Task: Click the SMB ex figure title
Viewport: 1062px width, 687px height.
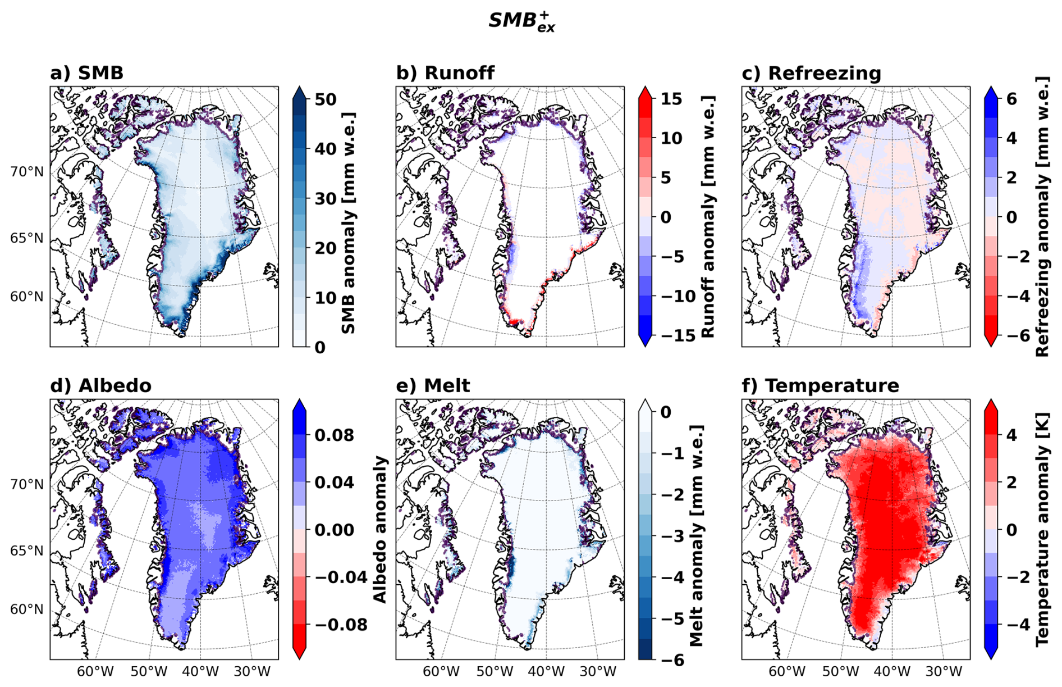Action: [x=521, y=21]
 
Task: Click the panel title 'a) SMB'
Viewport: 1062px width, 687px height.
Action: [x=86, y=73]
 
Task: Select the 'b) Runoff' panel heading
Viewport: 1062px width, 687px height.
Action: [x=445, y=73]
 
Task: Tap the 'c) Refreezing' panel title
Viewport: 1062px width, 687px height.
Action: [x=811, y=73]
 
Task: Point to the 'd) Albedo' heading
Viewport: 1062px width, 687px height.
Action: [x=100, y=386]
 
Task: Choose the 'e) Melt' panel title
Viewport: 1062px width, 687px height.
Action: [x=433, y=386]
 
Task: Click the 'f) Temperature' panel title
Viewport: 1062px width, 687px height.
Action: [x=820, y=386]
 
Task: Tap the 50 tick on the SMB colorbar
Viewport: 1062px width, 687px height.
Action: [x=325, y=99]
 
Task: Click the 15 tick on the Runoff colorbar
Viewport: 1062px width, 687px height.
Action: [x=671, y=99]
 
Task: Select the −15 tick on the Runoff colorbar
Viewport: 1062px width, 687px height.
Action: [x=667, y=335]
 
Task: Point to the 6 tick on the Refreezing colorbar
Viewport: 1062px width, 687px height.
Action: [x=1011, y=99]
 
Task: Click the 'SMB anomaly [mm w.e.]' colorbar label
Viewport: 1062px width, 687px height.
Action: [x=349, y=223]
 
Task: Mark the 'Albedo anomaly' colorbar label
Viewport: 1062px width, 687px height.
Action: [x=381, y=529]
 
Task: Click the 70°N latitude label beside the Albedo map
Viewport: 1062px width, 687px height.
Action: [x=26, y=484]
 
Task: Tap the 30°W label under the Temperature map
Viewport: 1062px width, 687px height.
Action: [x=944, y=671]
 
